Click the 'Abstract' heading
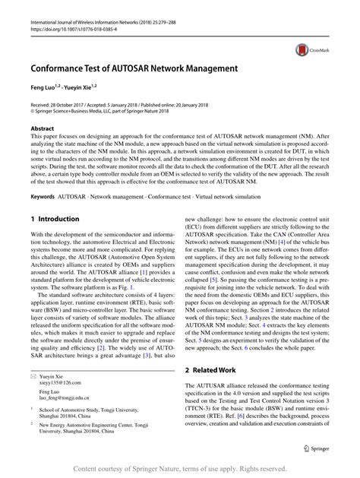click(x=42, y=129)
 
